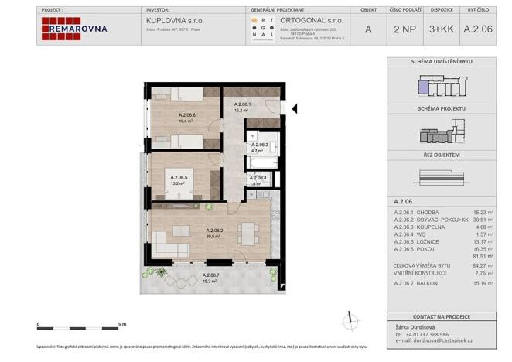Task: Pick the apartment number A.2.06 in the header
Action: pos(478,29)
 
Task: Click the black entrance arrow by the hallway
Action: pos(293,107)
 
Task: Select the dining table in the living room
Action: pos(247,230)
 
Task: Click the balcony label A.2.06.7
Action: pos(210,276)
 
